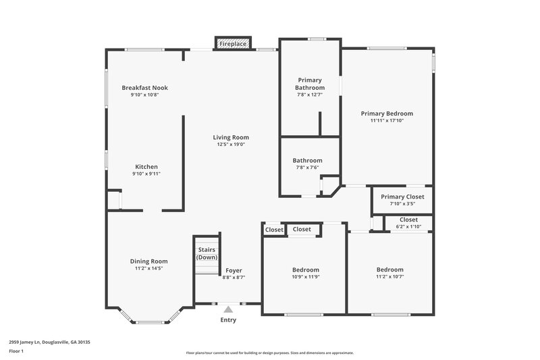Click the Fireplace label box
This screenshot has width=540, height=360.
click(233, 44)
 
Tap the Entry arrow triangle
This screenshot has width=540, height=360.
click(228, 309)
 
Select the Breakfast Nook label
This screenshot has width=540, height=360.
click(144, 88)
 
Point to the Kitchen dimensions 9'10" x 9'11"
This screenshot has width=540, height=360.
click(146, 174)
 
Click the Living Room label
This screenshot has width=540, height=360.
click(231, 137)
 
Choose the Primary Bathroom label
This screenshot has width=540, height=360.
click(310, 84)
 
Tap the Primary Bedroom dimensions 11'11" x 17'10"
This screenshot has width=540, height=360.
click(387, 121)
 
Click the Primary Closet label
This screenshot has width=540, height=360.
click(402, 197)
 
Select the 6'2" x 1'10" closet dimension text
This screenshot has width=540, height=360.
click(408, 226)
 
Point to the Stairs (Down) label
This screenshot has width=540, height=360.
click(207, 253)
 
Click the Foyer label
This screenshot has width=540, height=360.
click(234, 270)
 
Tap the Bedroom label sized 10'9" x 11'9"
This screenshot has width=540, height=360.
click(306, 269)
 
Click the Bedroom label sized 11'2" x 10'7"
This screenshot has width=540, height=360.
click(390, 269)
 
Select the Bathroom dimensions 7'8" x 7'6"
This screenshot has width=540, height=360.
click(307, 168)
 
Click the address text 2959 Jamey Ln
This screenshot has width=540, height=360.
click(49, 342)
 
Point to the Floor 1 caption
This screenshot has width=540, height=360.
click(17, 351)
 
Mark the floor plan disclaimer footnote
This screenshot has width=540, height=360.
click(269, 353)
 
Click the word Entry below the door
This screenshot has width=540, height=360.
click(228, 319)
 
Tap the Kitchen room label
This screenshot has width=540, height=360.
click(146, 167)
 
